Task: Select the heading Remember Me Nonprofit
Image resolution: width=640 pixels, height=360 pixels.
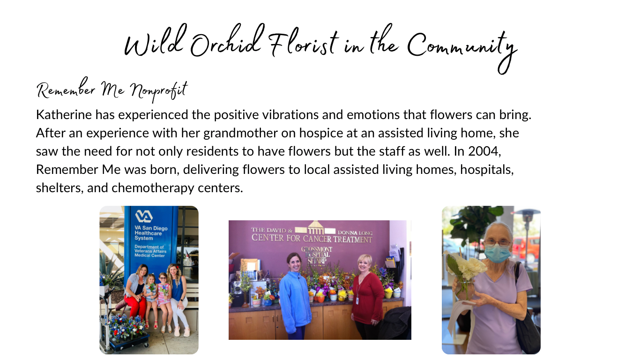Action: click(112, 90)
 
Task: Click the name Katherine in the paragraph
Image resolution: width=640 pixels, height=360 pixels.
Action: click(64, 115)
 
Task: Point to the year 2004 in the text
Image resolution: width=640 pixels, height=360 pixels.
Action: click(484, 151)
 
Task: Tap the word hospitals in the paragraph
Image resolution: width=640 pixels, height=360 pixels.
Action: click(487, 170)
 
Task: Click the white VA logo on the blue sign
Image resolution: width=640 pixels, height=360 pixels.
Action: click(144, 216)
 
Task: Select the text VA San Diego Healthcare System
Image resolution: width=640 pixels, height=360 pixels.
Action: click(151, 233)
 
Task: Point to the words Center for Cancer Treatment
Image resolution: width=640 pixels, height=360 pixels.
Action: click(312, 239)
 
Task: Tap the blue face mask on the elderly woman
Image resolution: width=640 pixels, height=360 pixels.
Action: click(497, 253)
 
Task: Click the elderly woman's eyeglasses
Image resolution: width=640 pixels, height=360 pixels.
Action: click(497, 243)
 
